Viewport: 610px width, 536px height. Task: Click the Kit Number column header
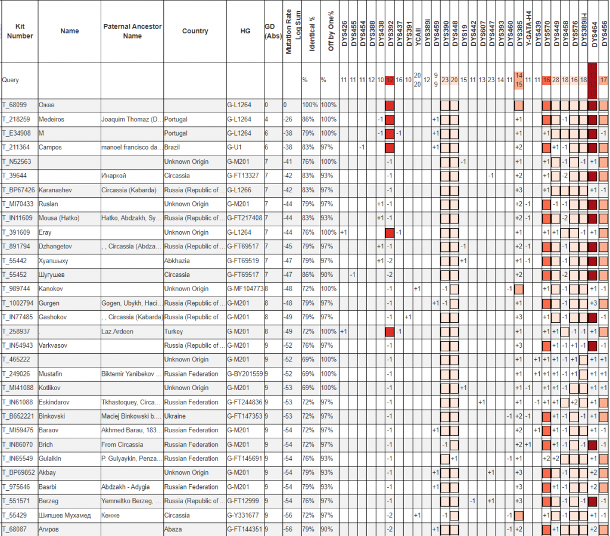click(20, 31)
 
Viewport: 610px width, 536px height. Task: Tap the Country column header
click(195, 31)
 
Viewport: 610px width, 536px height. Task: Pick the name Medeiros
click(52, 119)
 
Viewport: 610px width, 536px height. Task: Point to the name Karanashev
click(57, 190)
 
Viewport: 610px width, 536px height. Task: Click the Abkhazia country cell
click(178, 261)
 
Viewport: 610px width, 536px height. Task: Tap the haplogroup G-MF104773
click(244, 289)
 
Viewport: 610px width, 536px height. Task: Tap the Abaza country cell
click(173, 529)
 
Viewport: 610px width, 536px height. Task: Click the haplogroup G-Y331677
click(244, 515)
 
